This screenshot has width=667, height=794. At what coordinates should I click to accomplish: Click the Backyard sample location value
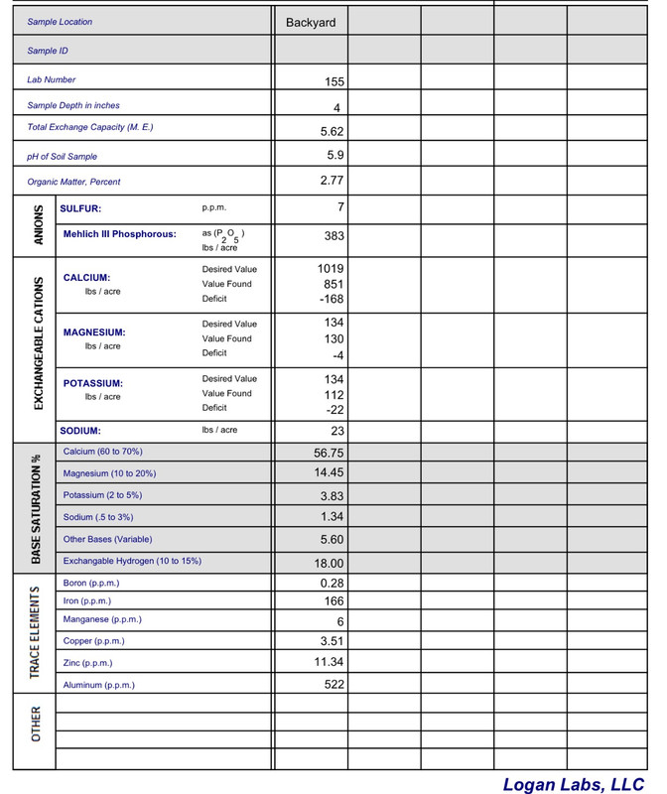click(x=311, y=22)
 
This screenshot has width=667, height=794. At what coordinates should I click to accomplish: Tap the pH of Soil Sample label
click(x=62, y=157)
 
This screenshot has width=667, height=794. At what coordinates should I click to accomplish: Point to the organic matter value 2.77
click(x=332, y=181)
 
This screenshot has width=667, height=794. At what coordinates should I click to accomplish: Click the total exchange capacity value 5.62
click(x=332, y=131)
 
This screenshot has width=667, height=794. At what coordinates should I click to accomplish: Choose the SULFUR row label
click(x=80, y=208)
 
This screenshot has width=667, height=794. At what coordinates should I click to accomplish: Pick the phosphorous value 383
click(x=333, y=236)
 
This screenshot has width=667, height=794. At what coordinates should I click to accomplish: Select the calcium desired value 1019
click(x=329, y=268)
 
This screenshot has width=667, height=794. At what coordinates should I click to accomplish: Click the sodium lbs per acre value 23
click(x=335, y=432)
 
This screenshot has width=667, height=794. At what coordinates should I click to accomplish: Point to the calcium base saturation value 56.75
click(x=328, y=453)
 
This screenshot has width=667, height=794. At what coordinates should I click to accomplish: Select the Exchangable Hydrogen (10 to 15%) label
click(x=132, y=561)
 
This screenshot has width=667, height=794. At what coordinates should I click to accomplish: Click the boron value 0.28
click(x=332, y=583)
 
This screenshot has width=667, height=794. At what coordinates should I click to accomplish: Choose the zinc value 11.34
click(x=328, y=662)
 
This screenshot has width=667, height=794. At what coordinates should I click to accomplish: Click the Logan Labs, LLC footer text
click(x=574, y=783)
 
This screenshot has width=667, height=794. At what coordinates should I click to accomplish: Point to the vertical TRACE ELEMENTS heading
click(x=36, y=631)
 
